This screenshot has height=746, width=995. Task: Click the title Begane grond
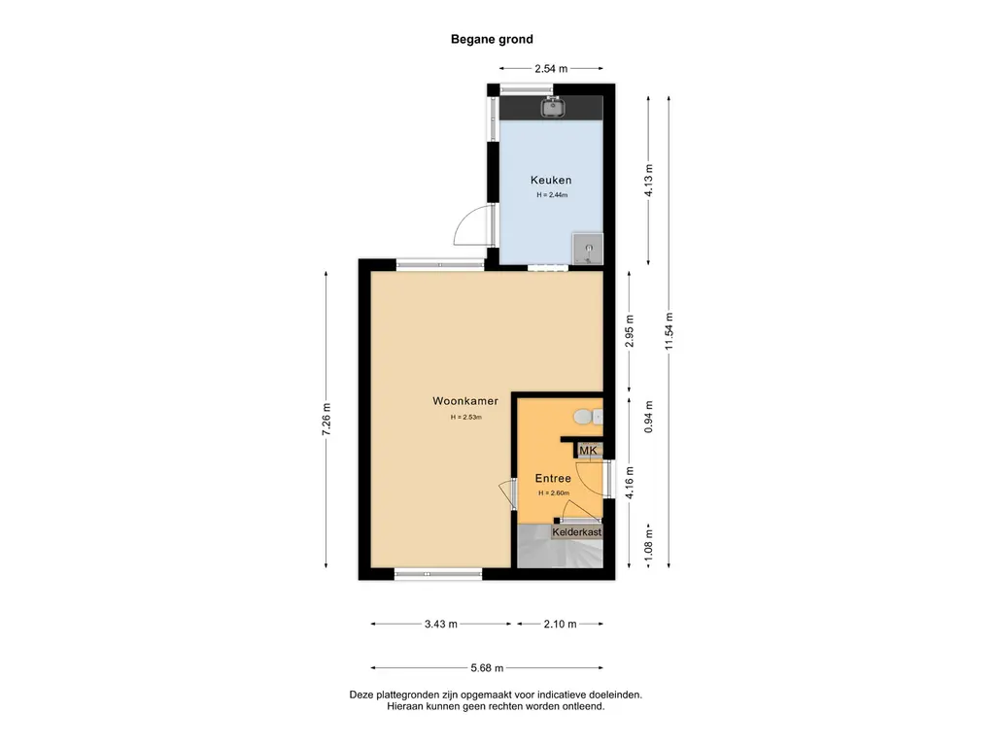[492, 39]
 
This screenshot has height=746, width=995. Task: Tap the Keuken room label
[551, 180]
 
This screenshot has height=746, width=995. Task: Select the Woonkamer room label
[465, 401]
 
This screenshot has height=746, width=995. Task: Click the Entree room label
[553, 478]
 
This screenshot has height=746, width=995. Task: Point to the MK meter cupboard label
[588, 451]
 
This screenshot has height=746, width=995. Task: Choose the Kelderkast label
[577, 532]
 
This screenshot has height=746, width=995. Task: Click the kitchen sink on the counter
[553, 107]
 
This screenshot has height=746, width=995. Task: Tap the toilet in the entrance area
[588, 417]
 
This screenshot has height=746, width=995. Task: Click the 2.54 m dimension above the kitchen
[551, 69]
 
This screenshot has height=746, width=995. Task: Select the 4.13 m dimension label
[648, 181]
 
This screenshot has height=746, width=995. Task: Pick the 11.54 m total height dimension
[669, 332]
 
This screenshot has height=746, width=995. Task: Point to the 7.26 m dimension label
[326, 420]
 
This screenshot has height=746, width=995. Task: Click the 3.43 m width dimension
[441, 625]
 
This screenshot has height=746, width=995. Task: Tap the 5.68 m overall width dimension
[487, 668]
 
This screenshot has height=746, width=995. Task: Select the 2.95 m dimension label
[630, 332]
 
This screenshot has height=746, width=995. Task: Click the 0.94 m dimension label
[648, 418]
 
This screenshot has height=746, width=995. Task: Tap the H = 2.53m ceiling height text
[465, 418]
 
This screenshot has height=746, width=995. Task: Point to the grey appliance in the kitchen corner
[588, 249]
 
